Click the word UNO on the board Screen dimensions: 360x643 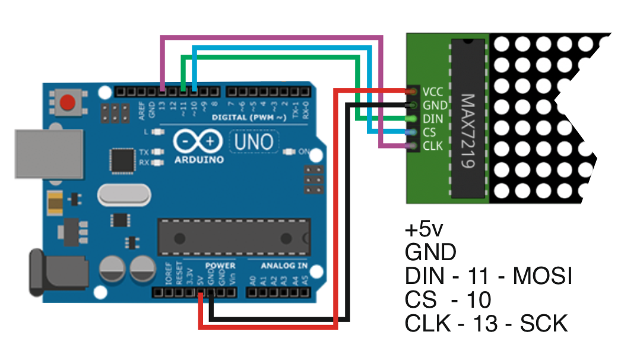pyautogui.click(x=254, y=142)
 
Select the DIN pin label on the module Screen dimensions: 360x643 pyautogui.click(x=433, y=119)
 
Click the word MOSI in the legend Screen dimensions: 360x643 pyautogui.click(x=543, y=276)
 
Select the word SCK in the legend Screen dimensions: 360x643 pyautogui.click(x=544, y=324)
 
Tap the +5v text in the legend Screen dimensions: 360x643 pyautogui.click(x=426, y=229)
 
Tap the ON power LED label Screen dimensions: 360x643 pyautogui.click(x=303, y=152)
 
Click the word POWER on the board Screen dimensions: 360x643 pyautogui.click(x=220, y=266)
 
